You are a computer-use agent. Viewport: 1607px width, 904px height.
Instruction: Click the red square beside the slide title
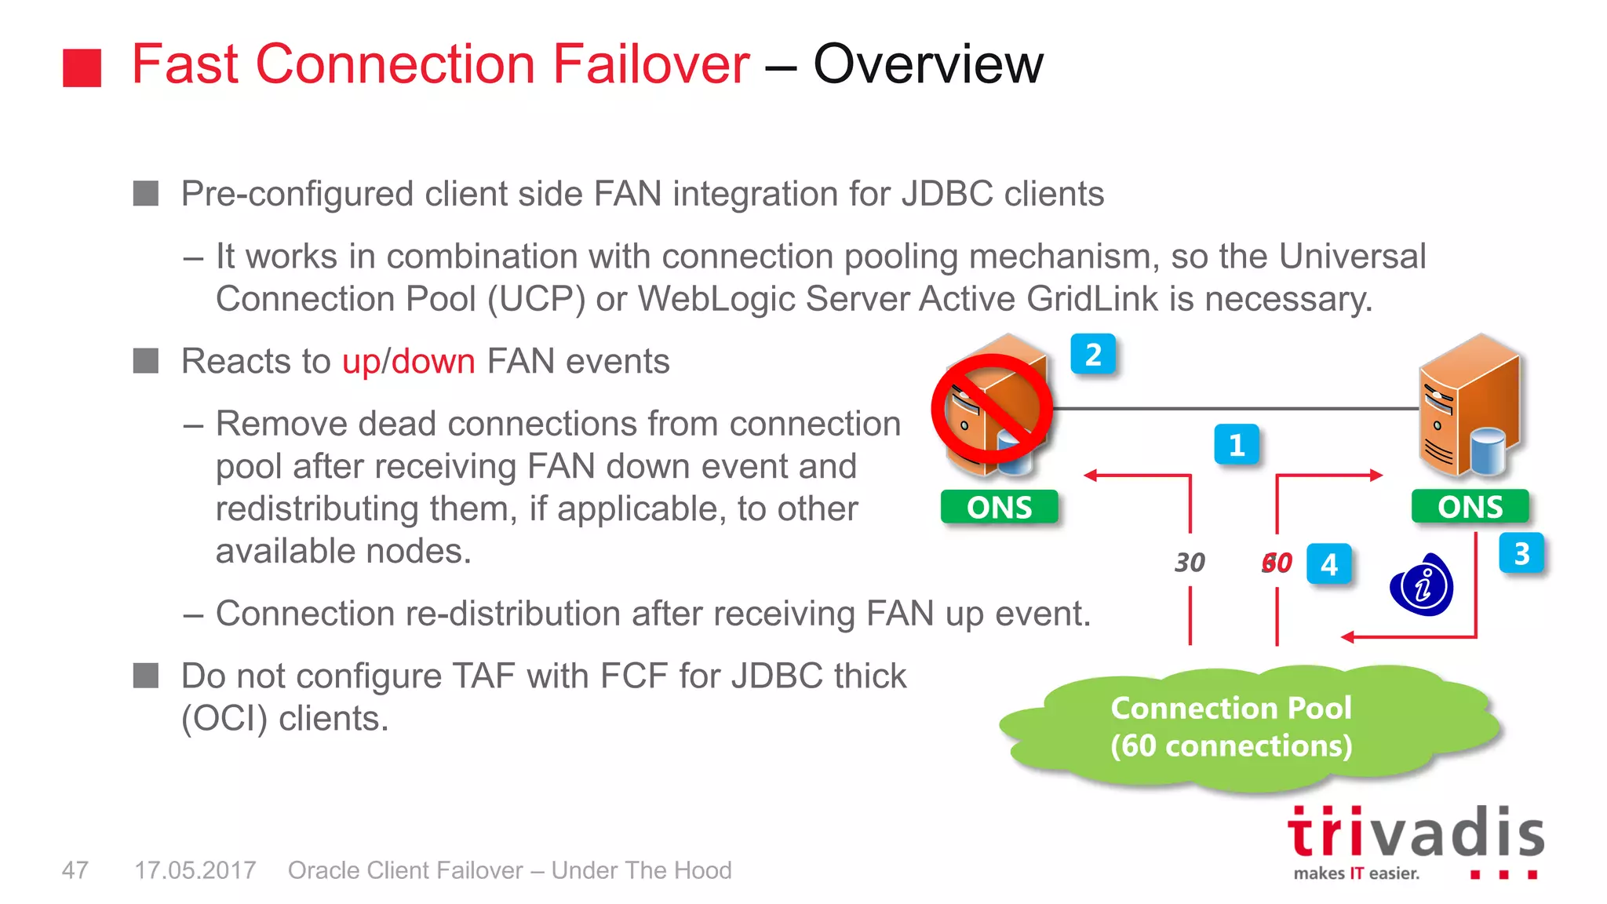click(x=82, y=67)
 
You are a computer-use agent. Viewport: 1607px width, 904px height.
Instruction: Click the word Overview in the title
click(x=928, y=64)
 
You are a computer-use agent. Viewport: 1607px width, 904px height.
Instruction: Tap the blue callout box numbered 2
click(x=1093, y=355)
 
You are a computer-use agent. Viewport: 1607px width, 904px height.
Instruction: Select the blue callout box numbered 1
click(x=1237, y=445)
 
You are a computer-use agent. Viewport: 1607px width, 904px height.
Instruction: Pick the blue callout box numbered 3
click(x=1521, y=554)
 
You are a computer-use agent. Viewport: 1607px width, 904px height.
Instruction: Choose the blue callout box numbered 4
click(x=1328, y=564)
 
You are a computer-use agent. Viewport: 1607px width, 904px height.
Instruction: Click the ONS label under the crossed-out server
click(x=999, y=507)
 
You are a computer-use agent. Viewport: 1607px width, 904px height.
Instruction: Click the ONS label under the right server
click(x=1470, y=506)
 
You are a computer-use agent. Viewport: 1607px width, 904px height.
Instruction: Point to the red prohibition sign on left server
click(x=992, y=408)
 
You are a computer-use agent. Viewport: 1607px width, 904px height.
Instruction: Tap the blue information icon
click(x=1422, y=586)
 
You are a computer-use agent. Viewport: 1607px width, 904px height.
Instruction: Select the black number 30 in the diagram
click(x=1190, y=563)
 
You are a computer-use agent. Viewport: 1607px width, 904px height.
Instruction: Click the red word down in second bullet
click(x=433, y=362)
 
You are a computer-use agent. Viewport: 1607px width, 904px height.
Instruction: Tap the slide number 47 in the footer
click(x=75, y=870)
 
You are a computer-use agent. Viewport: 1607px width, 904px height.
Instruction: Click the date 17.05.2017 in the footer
click(x=195, y=870)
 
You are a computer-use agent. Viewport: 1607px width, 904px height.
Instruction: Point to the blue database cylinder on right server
click(x=1487, y=450)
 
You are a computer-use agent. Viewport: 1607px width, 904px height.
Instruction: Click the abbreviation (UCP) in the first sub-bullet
click(x=536, y=300)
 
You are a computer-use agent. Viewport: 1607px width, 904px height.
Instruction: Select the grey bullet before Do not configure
click(x=146, y=676)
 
